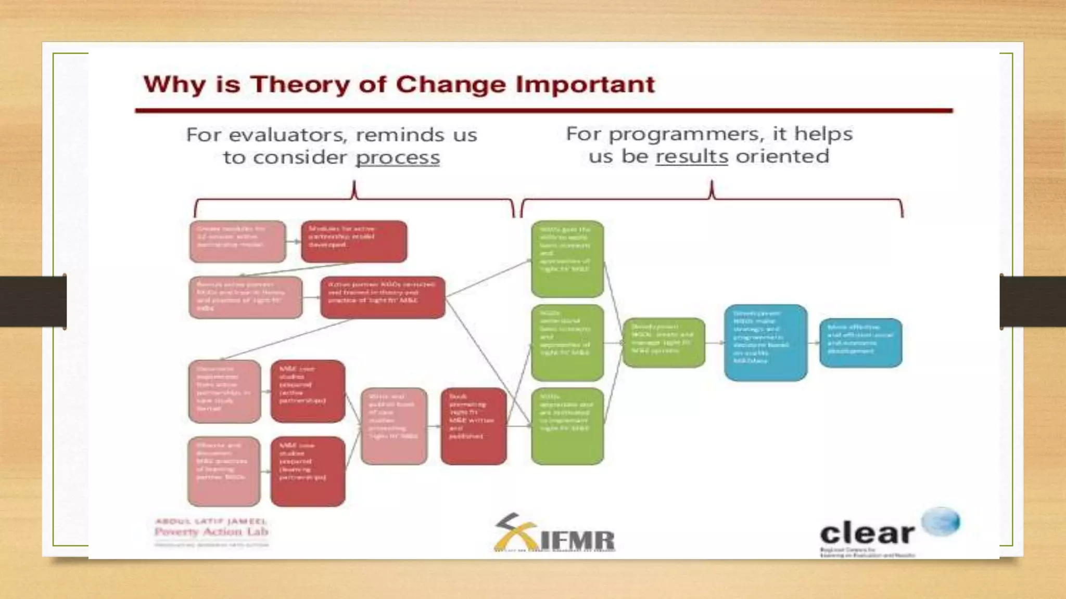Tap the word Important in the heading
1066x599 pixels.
click(x=585, y=85)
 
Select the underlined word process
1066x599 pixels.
click(x=398, y=158)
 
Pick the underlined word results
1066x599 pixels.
click(x=691, y=157)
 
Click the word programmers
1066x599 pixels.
click(x=687, y=134)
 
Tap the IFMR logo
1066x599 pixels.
click(x=554, y=533)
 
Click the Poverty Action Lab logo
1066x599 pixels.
click(x=211, y=531)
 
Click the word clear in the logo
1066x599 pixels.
click(x=867, y=533)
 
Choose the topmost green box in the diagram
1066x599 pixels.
click(x=567, y=259)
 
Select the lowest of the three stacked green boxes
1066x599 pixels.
click(x=567, y=426)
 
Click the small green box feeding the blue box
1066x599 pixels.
click(x=664, y=343)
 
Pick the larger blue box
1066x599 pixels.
click(x=765, y=343)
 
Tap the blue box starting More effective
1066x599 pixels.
click(x=860, y=343)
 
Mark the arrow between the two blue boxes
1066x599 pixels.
click(x=814, y=343)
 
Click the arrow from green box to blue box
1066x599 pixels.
click(x=715, y=343)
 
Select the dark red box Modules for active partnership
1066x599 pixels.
click(x=354, y=241)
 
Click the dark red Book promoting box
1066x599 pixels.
click(x=473, y=426)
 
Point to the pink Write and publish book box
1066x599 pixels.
click(x=394, y=426)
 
